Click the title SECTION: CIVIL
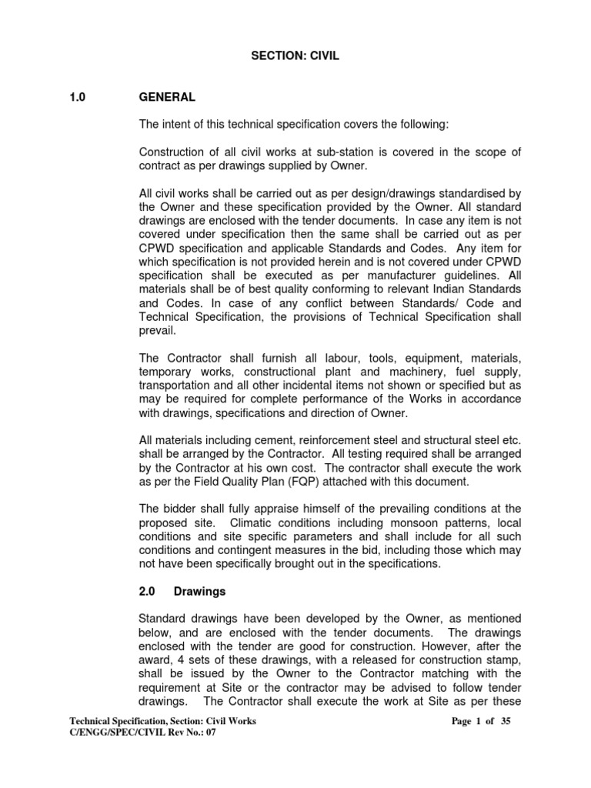295,56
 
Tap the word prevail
156,330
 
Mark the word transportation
175,386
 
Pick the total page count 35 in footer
505,721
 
